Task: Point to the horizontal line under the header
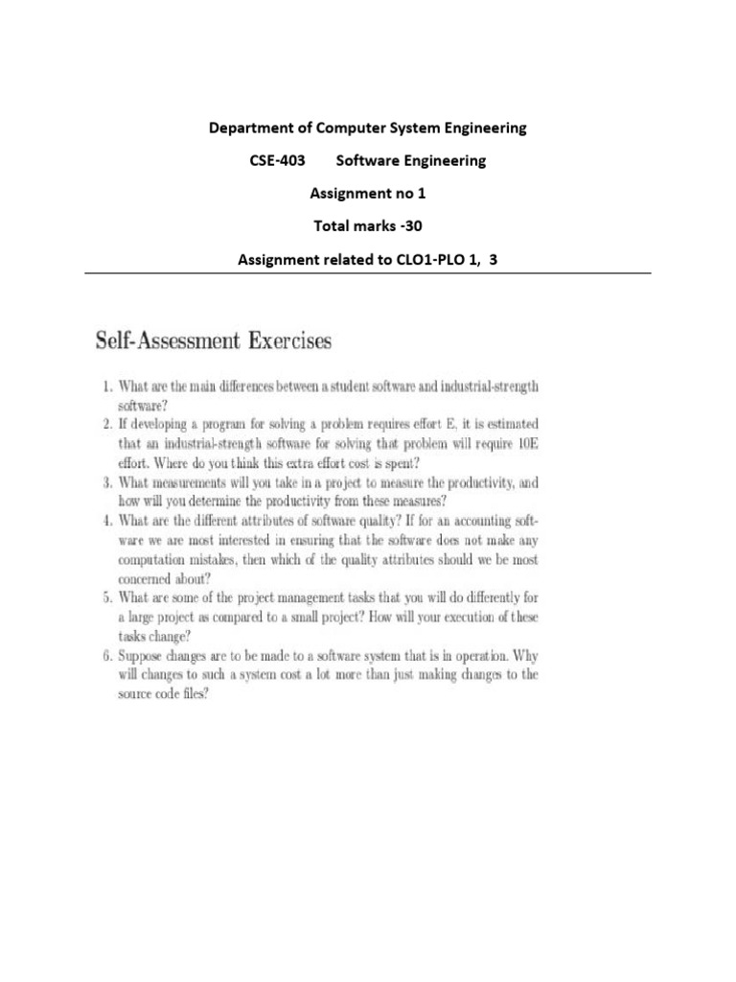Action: (x=368, y=274)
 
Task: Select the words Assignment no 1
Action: (x=367, y=194)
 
